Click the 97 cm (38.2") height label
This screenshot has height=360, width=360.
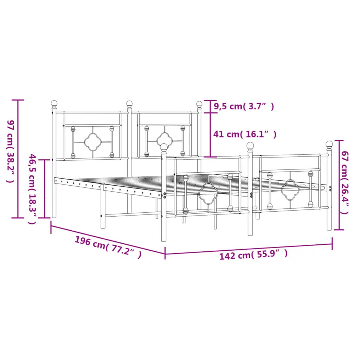(x=11, y=151)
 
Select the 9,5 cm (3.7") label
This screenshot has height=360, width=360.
(x=244, y=106)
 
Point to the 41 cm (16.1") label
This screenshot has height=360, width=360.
(x=245, y=134)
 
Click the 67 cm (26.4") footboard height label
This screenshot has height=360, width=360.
(x=345, y=182)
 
